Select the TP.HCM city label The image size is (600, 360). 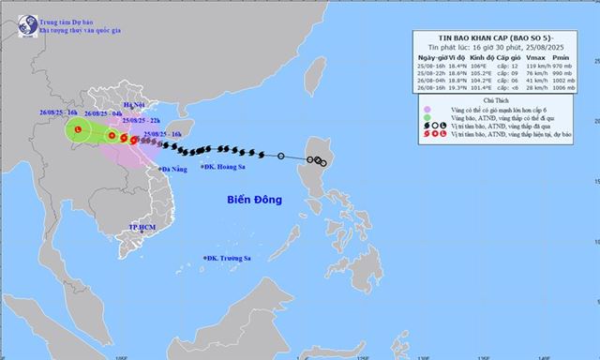click(x=142, y=228)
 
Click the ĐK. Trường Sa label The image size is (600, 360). click(x=231, y=258)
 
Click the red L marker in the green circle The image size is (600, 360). click(x=81, y=129)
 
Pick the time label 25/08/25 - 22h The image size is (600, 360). click(x=143, y=120)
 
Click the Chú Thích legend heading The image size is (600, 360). click(x=498, y=100)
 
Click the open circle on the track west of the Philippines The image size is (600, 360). click(x=281, y=156)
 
